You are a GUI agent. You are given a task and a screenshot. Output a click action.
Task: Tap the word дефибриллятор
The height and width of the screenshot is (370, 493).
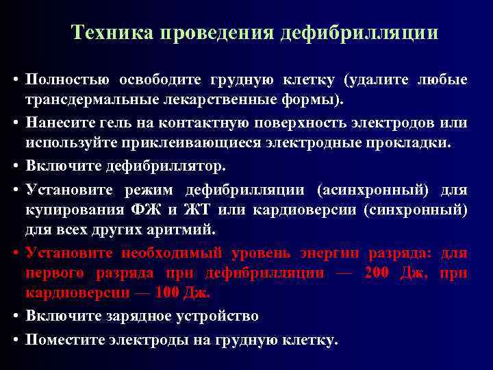(151, 166)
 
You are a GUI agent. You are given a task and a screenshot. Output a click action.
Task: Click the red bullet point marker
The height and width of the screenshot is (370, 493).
(14, 253)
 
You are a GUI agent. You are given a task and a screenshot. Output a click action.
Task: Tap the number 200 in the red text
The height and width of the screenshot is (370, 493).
(378, 273)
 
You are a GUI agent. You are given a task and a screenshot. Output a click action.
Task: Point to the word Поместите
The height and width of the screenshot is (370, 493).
(63, 338)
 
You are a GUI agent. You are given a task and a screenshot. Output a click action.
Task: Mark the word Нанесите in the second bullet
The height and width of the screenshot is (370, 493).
(58, 123)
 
